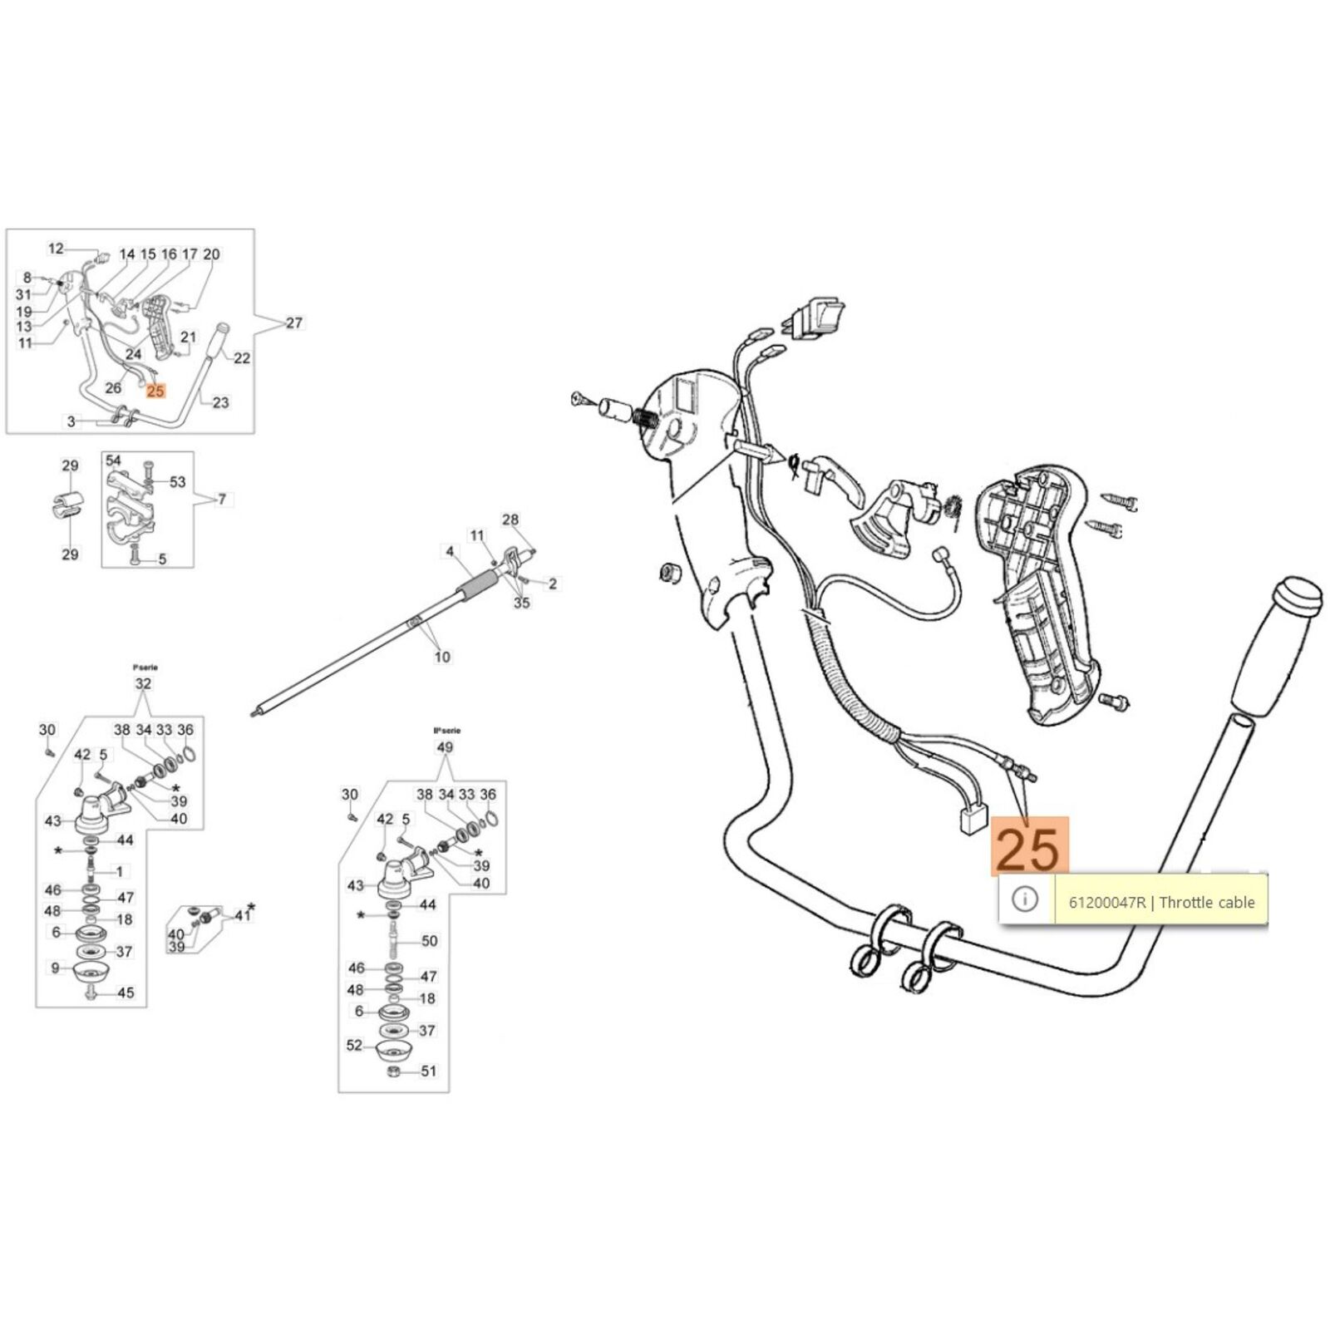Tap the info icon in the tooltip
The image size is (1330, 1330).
1026,899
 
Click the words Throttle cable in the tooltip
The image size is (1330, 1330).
1207,902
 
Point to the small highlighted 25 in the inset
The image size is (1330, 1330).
155,390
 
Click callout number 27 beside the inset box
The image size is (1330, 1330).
294,323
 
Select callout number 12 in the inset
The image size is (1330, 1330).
56,249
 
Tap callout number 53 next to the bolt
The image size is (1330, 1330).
178,482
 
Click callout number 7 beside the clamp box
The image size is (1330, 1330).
221,500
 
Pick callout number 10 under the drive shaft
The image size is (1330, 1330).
442,657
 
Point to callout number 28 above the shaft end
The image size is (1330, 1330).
510,520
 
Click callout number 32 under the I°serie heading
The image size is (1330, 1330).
143,684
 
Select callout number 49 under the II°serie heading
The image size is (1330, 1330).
445,747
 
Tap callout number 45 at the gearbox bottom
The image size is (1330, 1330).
125,993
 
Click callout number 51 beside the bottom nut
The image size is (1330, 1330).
428,1071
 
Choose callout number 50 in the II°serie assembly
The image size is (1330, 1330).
429,941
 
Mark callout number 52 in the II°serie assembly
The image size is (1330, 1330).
355,1045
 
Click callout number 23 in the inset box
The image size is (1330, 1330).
220,402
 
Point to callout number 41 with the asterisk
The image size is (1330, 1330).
241,915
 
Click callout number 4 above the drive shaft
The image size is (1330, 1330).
450,551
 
